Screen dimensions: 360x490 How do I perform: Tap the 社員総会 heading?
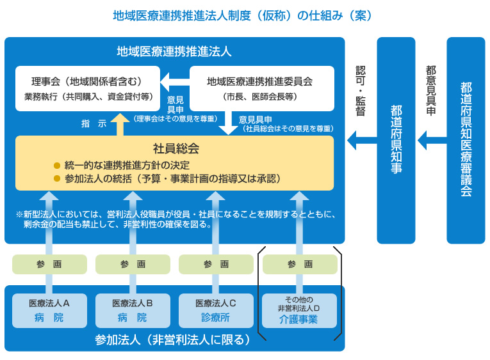click(x=176, y=149)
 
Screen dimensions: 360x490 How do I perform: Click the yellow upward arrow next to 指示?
click(x=119, y=123)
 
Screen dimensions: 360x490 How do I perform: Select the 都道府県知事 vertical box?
click(x=396, y=141)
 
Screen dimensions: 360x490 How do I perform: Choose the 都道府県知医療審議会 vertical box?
click(x=466, y=141)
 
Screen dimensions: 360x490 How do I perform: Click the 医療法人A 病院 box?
click(x=49, y=310)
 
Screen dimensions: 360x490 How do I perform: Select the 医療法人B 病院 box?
click(x=133, y=310)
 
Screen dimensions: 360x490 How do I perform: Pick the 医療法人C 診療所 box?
click(x=216, y=310)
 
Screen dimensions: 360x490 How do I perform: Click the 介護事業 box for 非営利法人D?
click(x=299, y=310)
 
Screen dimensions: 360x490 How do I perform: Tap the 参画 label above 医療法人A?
click(x=49, y=264)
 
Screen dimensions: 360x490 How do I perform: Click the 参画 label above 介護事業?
click(x=300, y=264)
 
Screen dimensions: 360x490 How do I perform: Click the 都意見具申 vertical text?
click(x=430, y=90)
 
